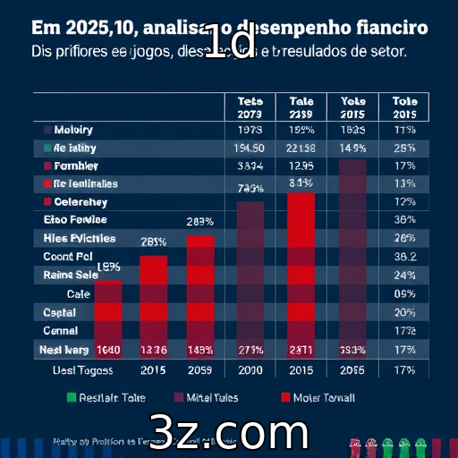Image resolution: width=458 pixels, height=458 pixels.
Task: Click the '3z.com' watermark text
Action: [229, 432]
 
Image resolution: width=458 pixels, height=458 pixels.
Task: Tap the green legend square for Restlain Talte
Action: [72, 397]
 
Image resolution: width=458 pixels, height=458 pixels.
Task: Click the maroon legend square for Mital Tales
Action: [177, 397]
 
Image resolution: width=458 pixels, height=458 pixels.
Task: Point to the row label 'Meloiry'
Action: [73, 130]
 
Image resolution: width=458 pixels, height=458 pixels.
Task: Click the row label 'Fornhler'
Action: [76, 166]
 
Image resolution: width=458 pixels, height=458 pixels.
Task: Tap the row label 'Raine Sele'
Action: [72, 276]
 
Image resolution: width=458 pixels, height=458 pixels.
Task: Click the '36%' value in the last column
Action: [404, 220]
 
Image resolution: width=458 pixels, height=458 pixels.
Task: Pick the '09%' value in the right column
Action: [404, 293]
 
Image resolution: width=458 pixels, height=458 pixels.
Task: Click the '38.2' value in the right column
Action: [404, 257]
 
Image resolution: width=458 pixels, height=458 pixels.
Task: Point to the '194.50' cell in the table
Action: [248, 148]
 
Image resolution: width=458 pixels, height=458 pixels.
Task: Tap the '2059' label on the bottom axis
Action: [199, 369]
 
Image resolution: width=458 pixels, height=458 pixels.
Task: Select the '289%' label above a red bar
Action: [199, 222]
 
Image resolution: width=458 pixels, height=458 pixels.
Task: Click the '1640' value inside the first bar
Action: [108, 350]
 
